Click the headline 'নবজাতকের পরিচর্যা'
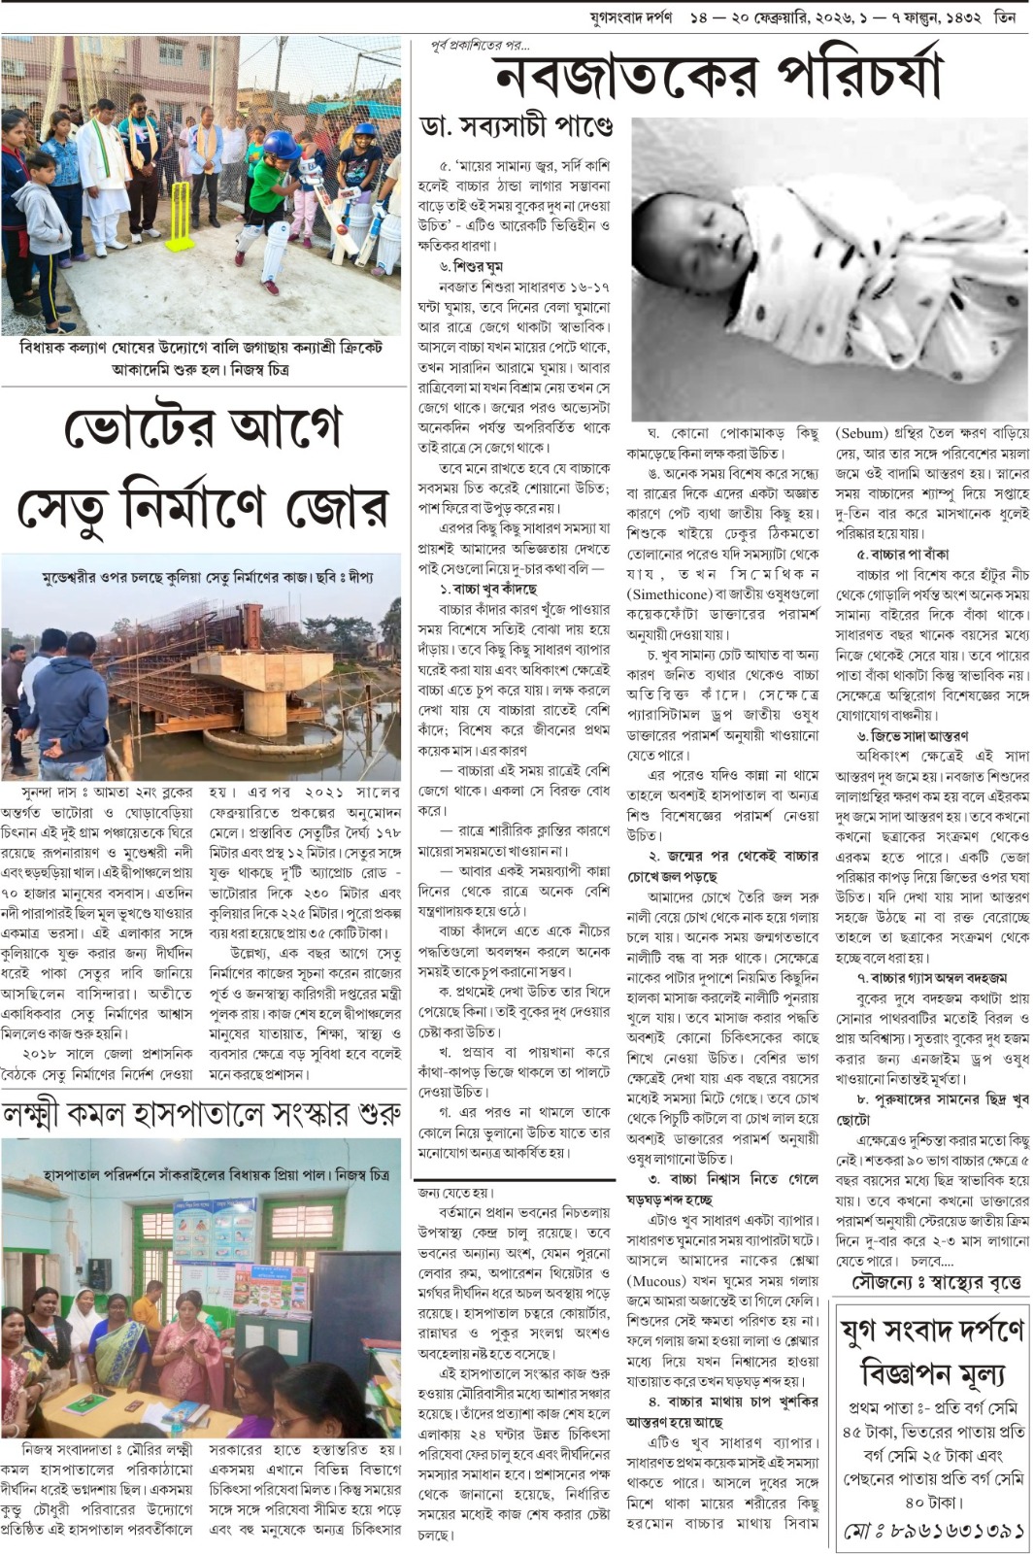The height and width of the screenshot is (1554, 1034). [718, 76]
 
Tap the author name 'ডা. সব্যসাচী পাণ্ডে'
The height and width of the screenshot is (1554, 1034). [517, 126]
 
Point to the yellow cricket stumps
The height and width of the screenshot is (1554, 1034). [180, 216]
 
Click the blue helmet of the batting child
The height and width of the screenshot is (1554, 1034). [281, 146]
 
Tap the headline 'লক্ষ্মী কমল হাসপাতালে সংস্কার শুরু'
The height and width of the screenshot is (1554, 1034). [201, 1113]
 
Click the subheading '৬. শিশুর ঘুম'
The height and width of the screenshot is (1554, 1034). [472, 266]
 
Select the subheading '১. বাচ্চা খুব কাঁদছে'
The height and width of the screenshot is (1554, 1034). [487, 589]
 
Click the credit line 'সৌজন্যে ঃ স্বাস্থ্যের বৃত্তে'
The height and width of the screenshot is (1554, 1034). [937, 1282]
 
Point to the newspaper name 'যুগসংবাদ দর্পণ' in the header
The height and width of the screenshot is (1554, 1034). [631, 17]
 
